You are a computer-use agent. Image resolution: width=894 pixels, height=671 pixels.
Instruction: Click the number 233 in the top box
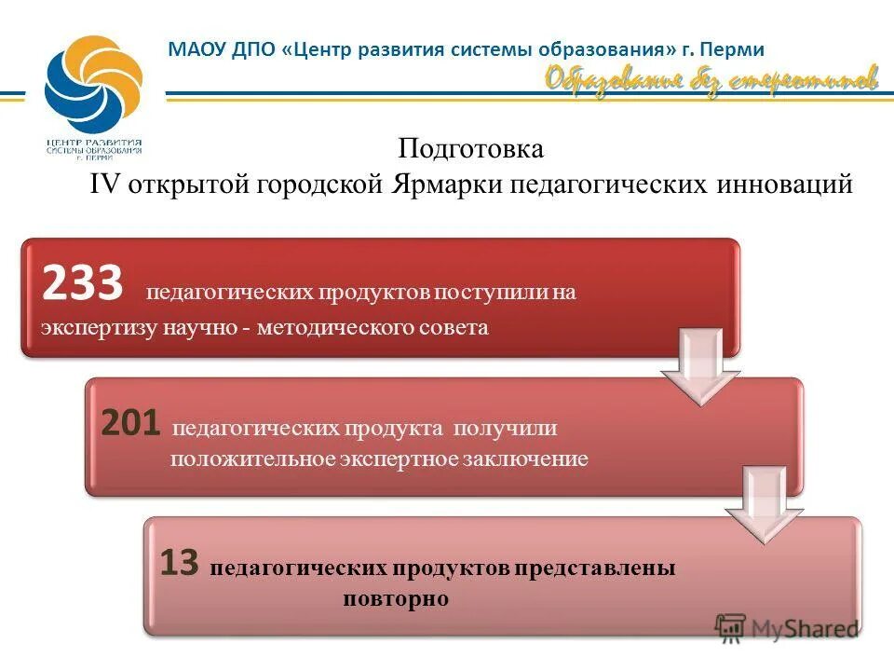(82, 284)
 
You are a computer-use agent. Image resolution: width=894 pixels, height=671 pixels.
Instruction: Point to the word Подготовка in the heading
(470, 148)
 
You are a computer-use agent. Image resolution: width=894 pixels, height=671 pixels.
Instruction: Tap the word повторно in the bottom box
(395, 598)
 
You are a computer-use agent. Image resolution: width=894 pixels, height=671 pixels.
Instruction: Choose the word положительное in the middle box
(245, 459)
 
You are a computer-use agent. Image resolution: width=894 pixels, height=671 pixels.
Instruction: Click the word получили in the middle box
(505, 429)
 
